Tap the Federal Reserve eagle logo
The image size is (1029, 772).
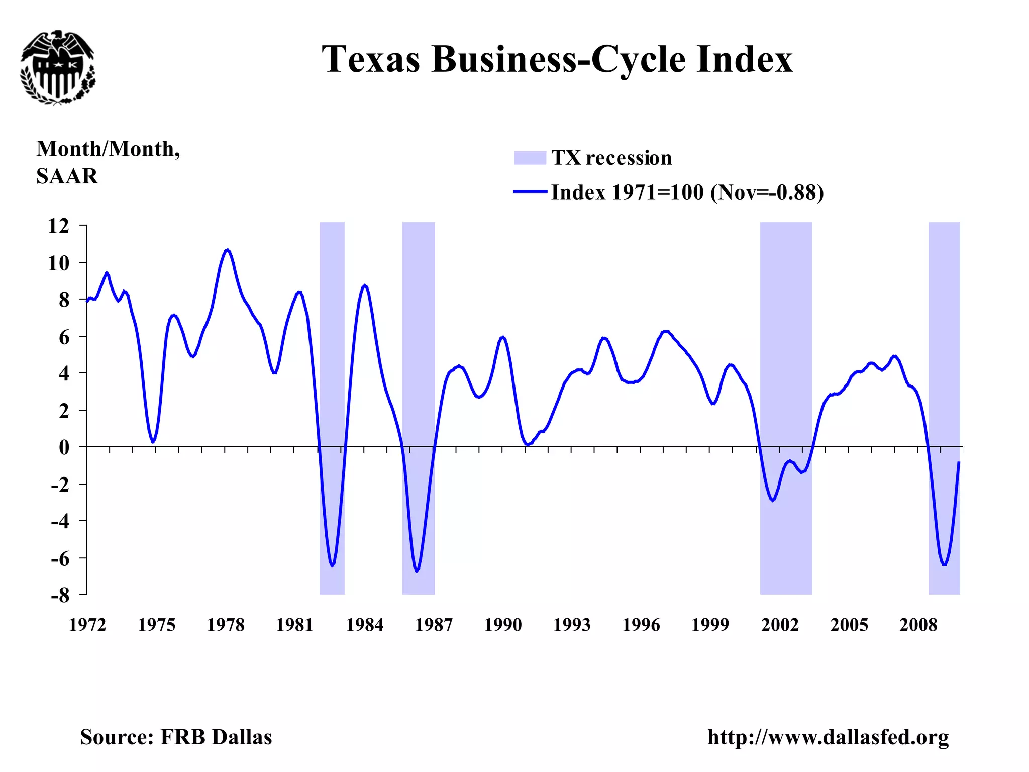[58, 67]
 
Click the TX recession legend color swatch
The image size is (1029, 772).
[530, 158]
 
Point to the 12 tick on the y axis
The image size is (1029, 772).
[59, 226]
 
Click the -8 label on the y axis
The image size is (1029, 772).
[60, 596]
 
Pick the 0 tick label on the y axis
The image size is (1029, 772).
[64, 447]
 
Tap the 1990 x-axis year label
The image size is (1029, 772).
[502, 625]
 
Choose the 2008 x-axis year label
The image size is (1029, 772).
[918, 625]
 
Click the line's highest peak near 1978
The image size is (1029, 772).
[228, 250]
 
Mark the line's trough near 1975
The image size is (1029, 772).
[153, 441]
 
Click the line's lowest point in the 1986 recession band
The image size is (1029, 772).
[417, 571]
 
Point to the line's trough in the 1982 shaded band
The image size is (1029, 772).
[333, 565]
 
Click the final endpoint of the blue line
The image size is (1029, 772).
[959, 462]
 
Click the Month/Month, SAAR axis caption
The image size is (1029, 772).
[108, 162]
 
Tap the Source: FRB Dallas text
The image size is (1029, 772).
[176, 737]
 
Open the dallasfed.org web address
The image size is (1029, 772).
[828, 737]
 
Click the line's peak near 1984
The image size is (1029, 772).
[365, 286]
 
